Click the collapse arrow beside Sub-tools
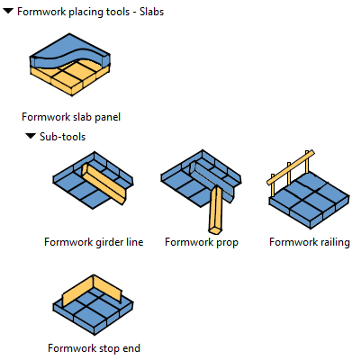[x=31, y=137]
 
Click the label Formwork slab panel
[x=71, y=117]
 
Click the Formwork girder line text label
[x=93, y=242]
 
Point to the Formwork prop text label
[x=201, y=242]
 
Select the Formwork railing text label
[x=307, y=242]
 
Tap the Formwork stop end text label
[x=94, y=348]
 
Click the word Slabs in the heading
[x=149, y=13]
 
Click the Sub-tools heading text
[x=62, y=137]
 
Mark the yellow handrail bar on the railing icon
[x=291, y=165]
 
